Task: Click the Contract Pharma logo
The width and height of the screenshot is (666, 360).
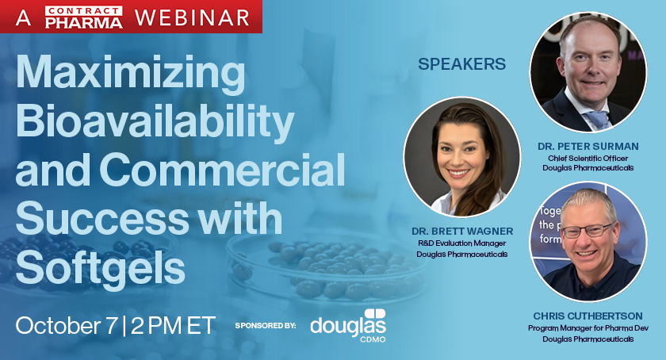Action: click(85, 16)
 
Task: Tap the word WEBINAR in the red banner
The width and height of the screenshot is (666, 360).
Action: click(192, 17)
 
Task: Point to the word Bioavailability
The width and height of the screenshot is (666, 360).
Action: click(155, 123)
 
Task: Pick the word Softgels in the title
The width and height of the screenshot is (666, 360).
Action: click(100, 268)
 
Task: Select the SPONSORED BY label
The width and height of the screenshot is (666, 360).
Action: click(266, 326)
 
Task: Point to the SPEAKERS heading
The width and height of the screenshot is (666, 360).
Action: click(461, 65)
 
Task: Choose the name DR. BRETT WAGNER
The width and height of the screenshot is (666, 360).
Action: click(461, 231)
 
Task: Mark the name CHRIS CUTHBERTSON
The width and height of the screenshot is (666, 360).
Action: click(588, 316)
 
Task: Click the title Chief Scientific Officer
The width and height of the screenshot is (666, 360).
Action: click(588, 157)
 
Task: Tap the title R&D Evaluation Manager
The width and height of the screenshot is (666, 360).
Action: click(461, 243)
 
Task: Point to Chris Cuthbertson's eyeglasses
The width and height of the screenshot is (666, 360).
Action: click(588, 231)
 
